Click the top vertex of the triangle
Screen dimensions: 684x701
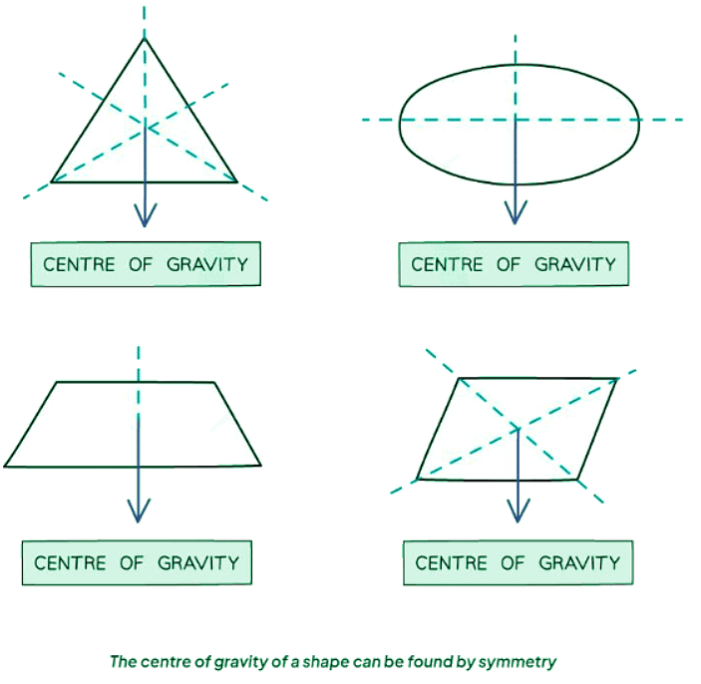[146, 38]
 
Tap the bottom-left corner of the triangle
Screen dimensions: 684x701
[52, 181]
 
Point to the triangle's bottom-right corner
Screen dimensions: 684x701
[237, 181]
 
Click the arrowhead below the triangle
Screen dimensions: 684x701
[146, 216]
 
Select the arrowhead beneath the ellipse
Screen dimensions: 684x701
[516, 212]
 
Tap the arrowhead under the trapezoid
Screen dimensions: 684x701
[139, 512]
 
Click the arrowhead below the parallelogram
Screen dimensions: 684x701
[517, 512]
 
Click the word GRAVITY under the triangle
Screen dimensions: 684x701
[205, 264]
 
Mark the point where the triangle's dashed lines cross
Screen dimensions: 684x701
[146, 127]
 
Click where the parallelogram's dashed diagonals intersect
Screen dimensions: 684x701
[517, 428]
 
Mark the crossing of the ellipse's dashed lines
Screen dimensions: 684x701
[516, 120]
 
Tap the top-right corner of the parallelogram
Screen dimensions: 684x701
[616, 379]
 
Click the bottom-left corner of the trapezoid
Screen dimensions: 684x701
[5, 466]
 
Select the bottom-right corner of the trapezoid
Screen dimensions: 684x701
[260, 466]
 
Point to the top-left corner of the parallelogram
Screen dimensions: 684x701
[458, 379]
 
